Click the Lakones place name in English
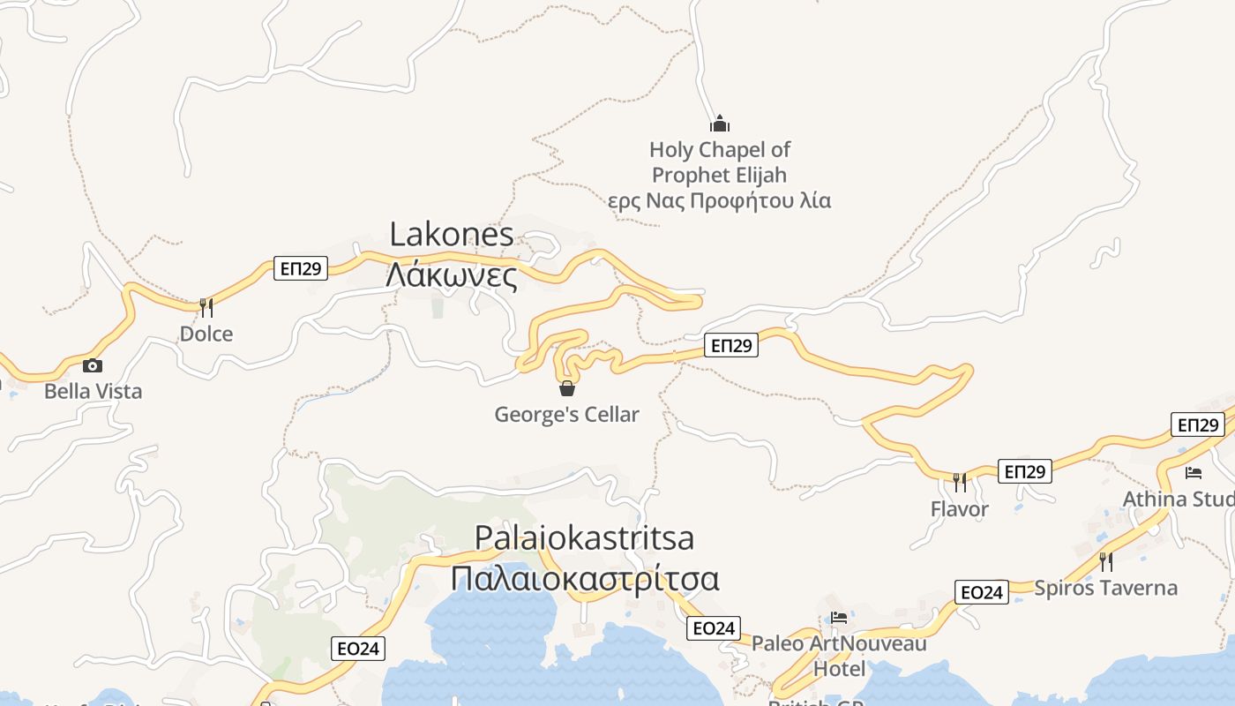click(452, 235)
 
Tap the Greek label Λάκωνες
click(452, 275)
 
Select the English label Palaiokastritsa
click(584, 537)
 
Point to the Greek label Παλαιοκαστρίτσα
click(584, 579)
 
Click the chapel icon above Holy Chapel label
click(720, 124)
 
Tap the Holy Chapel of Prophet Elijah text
click(719, 162)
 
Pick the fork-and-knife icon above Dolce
click(206, 307)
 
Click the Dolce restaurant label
click(206, 334)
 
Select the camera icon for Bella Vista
click(93, 365)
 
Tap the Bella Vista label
click(93, 391)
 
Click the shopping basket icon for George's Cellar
click(567, 387)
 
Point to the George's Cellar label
click(566, 414)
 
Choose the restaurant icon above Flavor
click(960, 482)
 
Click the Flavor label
click(960, 509)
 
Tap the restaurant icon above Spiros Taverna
click(1105, 561)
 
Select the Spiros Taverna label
click(1105, 588)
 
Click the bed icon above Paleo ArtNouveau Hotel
click(839, 618)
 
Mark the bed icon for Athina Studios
click(1194, 472)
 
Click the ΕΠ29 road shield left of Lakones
click(301, 268)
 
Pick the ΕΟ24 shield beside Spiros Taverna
click(981, 592)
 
